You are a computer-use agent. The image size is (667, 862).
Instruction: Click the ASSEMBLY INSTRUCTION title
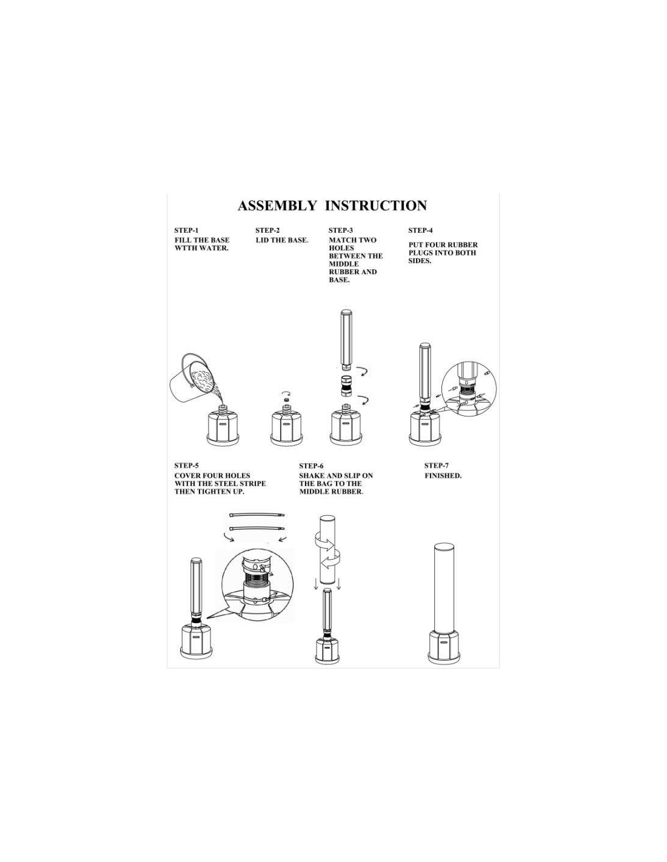click(331, 206)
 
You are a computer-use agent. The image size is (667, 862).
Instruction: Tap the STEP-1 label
click(186, 231)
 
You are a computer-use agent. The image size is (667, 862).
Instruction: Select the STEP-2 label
click(269, 231)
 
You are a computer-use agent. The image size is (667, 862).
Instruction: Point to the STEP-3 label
click(341, 231)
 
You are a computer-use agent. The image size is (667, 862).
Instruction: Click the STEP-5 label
click(187, 466)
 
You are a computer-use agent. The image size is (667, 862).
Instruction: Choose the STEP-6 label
click(312, 466)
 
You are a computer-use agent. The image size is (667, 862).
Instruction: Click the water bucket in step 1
click(193, 379)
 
